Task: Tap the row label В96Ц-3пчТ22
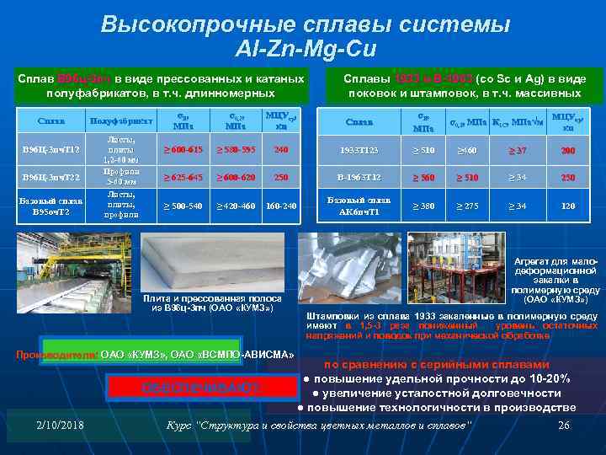tap(50, 179)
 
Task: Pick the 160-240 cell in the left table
tap(281, 206)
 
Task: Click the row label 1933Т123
tap(359, 151)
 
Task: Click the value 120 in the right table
tap(568, 206)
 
